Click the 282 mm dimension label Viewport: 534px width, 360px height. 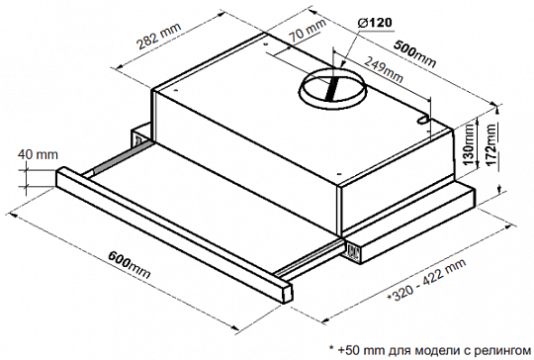158,37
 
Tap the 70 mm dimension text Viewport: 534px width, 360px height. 308,30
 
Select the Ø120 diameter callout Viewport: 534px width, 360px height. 375,23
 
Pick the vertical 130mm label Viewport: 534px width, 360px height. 470,144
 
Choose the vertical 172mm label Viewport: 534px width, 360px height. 491,144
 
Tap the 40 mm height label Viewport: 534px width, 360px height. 38,154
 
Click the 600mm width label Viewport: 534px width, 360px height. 130,265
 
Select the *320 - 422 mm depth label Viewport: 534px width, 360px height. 426,280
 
